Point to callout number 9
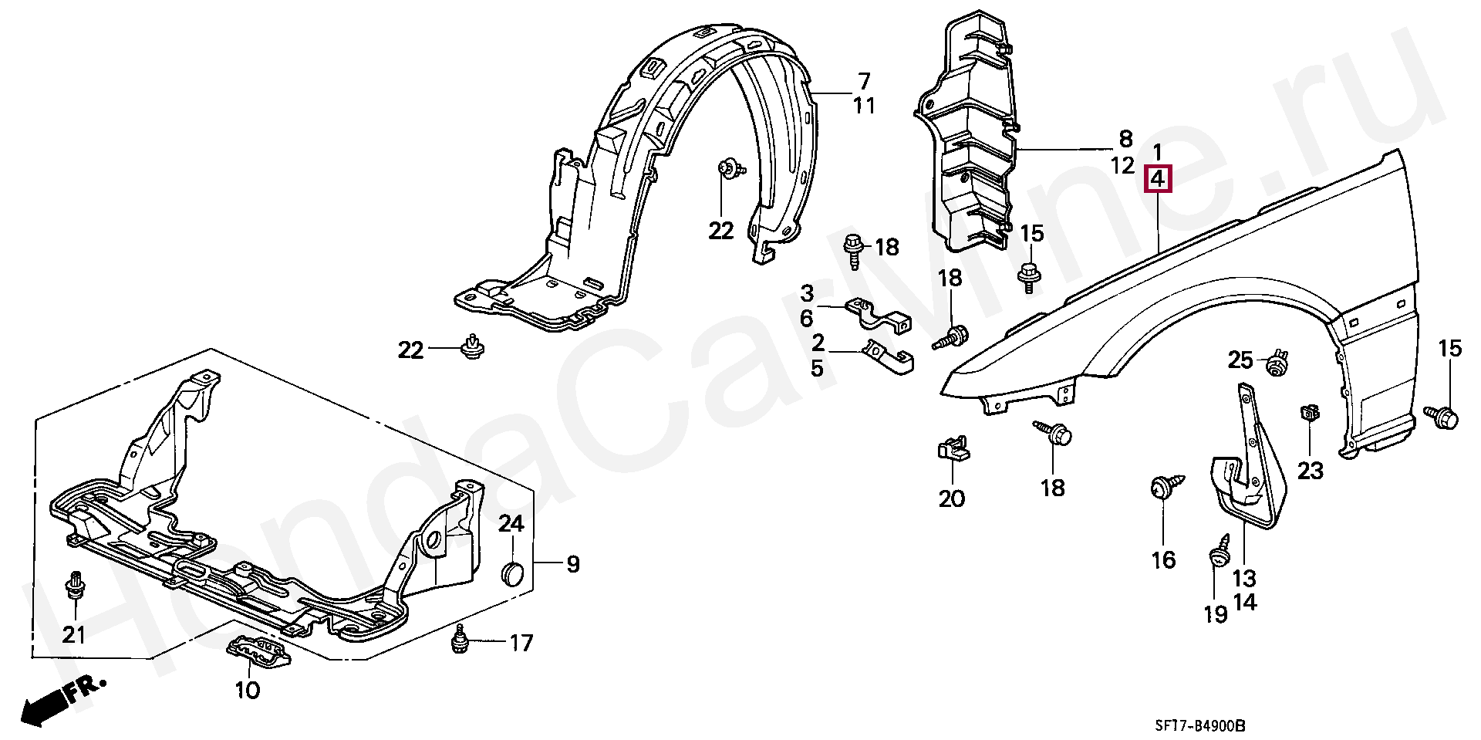(572, 564)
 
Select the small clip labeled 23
(1307, 414)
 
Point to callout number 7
(863, 80)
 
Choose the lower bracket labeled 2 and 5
(887, 360)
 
